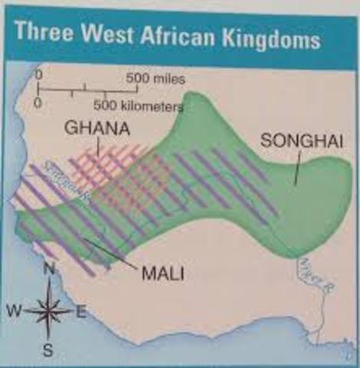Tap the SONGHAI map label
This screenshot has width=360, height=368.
pyautogui.click(x=294, y=140)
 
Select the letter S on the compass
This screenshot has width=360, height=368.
pyautogui.click(x=48, y=351)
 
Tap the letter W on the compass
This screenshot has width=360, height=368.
pyautogui.click(x=13, y=311)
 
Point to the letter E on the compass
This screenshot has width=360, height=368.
pyautogui.click(x=81, y=310)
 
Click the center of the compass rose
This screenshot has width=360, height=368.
pyautogui.click(x=48, y=310)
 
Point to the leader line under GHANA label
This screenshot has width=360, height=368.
pyautogui.click(x=101, y=149)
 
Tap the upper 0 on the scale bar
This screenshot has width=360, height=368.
pyautogui.click(x=38, y=77)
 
